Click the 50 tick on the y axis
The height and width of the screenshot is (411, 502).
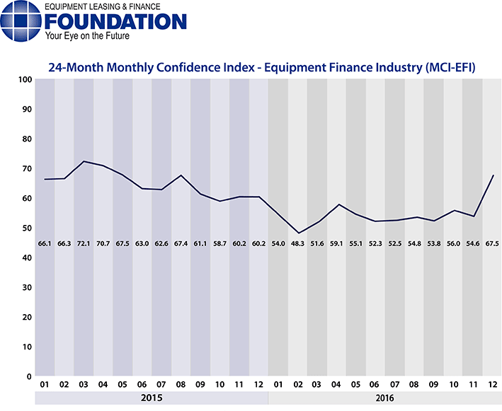click(x=25, y=228)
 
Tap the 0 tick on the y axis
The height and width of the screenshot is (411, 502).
click(x=28, y=376)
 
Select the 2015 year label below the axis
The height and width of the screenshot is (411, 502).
click(x=152, y=398)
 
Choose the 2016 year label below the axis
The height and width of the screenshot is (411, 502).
click(x=385, y=398)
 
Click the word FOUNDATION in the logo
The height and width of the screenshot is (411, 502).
click(x=116, y=21)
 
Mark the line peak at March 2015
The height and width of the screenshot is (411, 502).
click(x=84, y=161)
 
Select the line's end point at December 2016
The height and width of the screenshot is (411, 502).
click(x=492, y=175)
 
